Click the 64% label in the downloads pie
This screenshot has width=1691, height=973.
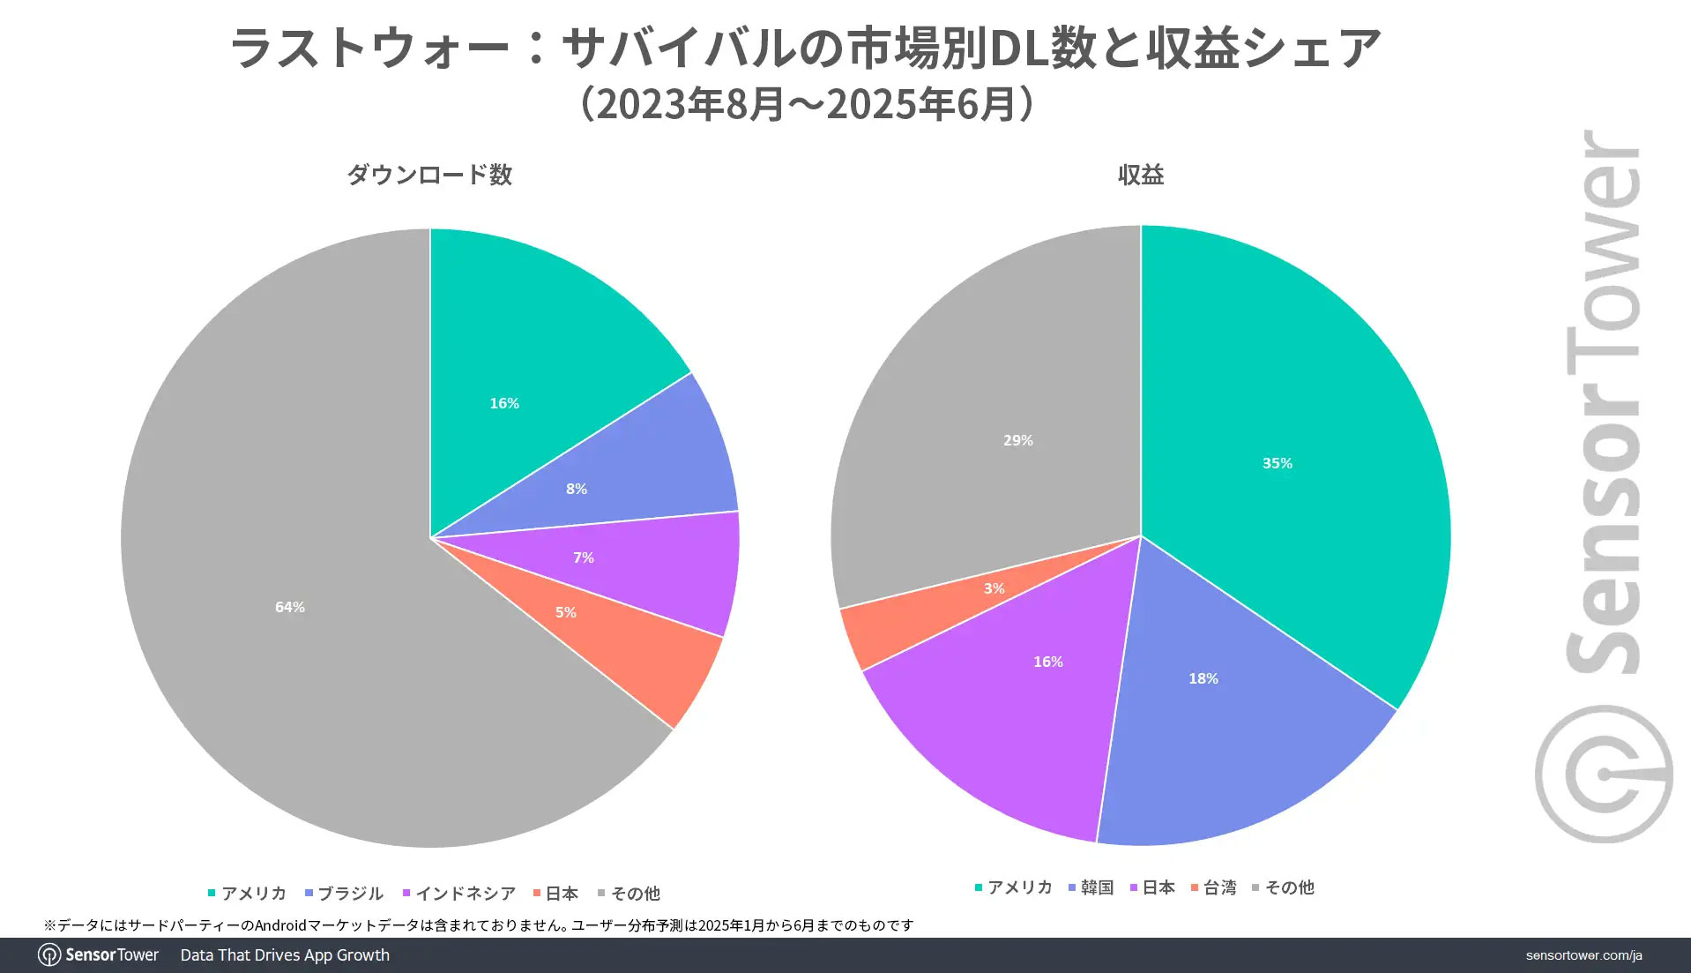pyautogui.click(x=290, y=607)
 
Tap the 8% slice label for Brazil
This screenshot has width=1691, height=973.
pyautogui.click(x=577, y=489)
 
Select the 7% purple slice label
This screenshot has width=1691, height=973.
pyautogui.click(x=584, y=558)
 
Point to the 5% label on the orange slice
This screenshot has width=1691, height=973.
pyautogui.click(x=566, y=612)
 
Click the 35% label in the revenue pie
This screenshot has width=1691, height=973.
pyautogui.click(x=1278, y=463)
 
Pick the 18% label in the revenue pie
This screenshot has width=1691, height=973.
pyautogui.click(x=1203, y=678)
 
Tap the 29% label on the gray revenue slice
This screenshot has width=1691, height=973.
pyautogui.click(x=1018, y=440)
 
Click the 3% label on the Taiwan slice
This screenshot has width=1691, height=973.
pyautogui.click(x=994, y=588)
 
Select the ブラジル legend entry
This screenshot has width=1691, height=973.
pyautogui.click(x=345, y=894)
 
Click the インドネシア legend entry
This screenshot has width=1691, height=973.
pyautogui.click(x=459, y=894)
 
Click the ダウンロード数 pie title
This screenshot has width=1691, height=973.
pyautogui.click(x=429, y=175)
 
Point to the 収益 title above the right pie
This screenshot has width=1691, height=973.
pyautogui.click(x=1141, y=175)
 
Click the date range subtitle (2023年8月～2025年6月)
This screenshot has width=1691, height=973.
pyautogui.click(x=806, y=104)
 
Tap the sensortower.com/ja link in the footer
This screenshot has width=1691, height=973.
pyautogui.click(x=1583, y=955)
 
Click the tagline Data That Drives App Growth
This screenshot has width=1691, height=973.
pyautogui.click(x=285, y=955)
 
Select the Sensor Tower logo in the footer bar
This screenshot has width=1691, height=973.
pyautogui.click(x=99, y=955)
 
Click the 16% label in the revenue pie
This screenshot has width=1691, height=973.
pyautogui.click(x=1048, y=662)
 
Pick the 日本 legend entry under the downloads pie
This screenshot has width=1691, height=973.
pyautogui.click(x=556, y=894)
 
